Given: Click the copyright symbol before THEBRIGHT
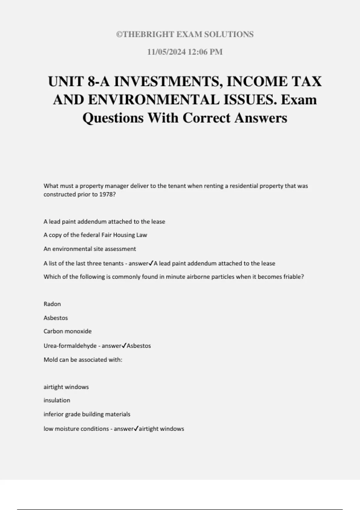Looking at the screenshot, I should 119,34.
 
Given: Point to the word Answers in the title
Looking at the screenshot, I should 261,118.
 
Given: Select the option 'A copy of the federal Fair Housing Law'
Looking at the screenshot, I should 95,235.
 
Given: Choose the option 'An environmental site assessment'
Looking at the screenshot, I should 90,249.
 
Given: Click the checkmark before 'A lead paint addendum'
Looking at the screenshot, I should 151,263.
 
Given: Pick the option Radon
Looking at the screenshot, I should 52,304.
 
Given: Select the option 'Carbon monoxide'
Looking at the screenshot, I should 67,331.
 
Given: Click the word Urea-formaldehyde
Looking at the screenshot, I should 70,346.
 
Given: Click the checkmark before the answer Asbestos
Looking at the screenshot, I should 124,345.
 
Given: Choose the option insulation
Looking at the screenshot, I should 57,400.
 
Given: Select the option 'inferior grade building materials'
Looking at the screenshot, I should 87,414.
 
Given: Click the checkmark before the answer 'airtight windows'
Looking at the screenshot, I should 136,428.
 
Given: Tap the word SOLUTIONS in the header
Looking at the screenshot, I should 229,34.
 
